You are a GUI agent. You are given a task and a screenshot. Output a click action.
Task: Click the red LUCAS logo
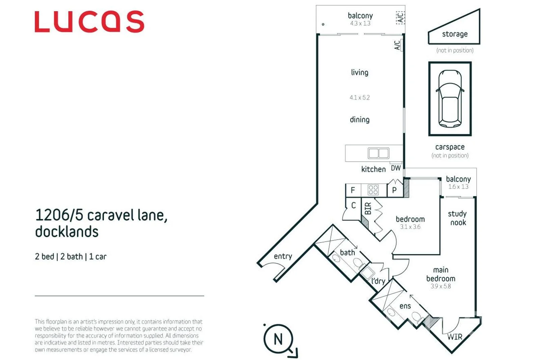click(x=89, y=22)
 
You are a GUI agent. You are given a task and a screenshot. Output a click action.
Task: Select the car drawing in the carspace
click(x=450, y=99)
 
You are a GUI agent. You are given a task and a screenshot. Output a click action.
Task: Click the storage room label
click(x=455, y=34)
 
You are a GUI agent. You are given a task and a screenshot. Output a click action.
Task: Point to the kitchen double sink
click(x=378, y=153)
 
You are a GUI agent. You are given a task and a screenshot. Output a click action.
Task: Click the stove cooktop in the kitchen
click(x=373, y=190)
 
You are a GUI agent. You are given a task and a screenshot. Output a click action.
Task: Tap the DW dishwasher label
click(x=396, y=168)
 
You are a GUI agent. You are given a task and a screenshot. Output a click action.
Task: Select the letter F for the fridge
click(x=353, y=190)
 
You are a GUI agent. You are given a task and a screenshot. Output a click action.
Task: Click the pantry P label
click(x=394, y=190)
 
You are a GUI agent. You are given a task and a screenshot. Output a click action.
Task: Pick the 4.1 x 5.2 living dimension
click(x=359, y=98)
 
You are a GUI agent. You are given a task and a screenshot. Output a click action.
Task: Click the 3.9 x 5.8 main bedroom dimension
click(x=441, y=286)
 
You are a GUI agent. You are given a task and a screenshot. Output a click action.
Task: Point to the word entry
click(x=283, y=256)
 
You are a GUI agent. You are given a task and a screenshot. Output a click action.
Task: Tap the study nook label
click(x=457, y=218)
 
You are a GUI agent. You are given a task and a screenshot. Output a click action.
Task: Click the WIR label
click(x=455, y=337)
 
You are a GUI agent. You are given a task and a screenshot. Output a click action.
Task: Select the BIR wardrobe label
click(x=368, y=209)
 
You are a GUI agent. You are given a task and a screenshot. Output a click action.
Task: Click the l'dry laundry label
click(x=378, y=281)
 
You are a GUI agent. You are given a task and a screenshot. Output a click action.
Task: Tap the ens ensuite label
click(x=405, y=306)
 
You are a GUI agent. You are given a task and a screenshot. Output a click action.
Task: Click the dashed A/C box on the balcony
click(x=400, y=18)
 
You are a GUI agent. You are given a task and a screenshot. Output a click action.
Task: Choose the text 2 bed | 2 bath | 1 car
click(x=71, y=257)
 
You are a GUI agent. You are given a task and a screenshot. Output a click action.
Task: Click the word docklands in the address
click(x=67, y=231)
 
